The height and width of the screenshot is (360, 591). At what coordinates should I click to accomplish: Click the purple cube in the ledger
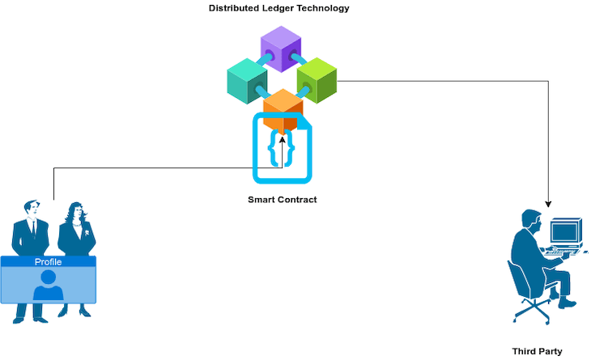[281, 48]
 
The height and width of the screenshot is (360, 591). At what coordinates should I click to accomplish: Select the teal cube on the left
[246, 79]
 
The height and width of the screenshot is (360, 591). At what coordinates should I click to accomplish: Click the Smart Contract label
[282, 199]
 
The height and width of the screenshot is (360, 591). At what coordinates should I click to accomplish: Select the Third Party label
[537, 351]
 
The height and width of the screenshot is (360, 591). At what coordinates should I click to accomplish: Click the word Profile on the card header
[48, 262]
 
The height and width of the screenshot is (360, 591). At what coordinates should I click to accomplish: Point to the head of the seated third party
[530, 220]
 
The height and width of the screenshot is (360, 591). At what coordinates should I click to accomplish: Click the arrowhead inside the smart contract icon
[282, 140]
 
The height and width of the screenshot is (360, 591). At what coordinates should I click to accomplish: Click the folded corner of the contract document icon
[304, 123]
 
